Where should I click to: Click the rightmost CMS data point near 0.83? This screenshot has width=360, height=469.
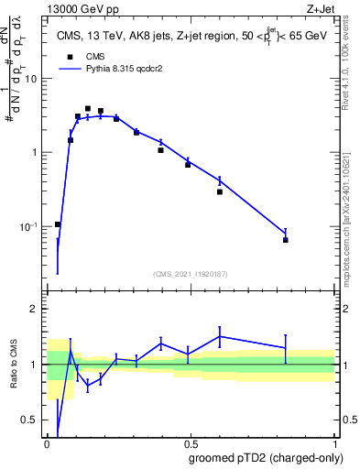click(286, 240)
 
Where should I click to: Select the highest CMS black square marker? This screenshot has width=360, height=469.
click(88, 108)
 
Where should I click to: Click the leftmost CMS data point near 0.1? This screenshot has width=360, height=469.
click(58, 224)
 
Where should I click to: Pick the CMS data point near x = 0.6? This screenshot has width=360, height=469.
click(220, 192)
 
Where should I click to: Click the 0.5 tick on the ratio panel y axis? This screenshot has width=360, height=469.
click(33, 421)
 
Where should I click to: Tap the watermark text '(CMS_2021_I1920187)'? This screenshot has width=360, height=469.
click(191, 272)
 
